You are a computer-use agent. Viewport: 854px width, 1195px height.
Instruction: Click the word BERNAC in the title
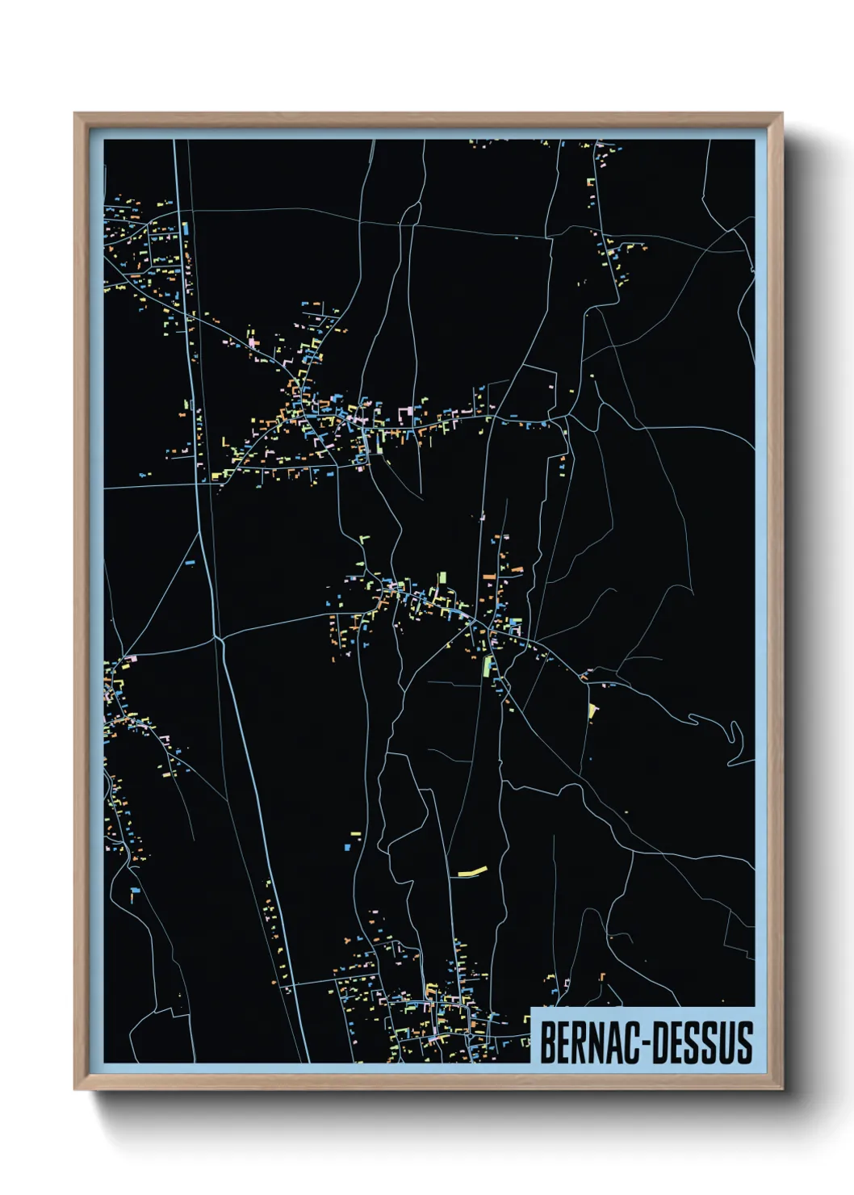[590, 1042]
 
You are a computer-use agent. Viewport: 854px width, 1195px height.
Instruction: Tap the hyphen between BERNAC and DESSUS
[646, 1043]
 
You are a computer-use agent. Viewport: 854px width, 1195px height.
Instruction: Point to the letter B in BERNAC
[546, 1042]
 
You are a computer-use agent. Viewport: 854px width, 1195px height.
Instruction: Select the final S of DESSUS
[747, 1042]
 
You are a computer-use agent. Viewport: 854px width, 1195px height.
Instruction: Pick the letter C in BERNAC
[633, 1042]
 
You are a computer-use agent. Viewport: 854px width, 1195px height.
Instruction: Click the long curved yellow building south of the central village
[473, 870]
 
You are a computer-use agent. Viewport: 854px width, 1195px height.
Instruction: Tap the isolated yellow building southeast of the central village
[593, 711]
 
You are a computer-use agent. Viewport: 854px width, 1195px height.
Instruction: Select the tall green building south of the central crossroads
[487, 666]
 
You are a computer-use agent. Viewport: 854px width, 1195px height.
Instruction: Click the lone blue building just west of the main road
[191, 561]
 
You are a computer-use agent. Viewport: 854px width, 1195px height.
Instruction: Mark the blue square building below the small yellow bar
[349, 847]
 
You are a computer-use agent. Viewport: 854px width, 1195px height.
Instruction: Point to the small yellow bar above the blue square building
[356, 831]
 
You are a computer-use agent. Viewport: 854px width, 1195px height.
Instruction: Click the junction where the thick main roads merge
[219, 639]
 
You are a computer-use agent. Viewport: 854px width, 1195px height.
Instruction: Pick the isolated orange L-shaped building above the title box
[602, 976]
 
